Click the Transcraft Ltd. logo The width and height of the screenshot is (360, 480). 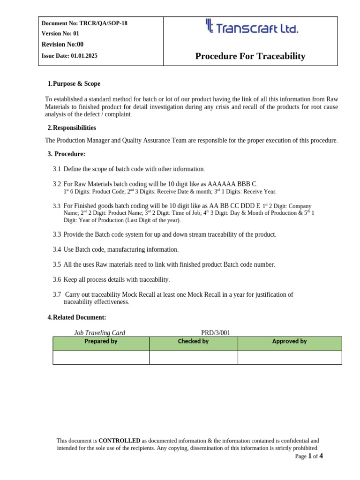(252, 27)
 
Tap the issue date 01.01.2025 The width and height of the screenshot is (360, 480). (84, 56)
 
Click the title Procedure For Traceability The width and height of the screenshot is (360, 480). (250, 56)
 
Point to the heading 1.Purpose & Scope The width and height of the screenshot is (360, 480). (74, 84)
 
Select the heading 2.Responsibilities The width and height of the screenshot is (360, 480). (72, 128)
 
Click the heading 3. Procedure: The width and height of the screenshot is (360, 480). (67, 154)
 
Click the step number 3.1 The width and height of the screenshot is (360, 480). (57, 169)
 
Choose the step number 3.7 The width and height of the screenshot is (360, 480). (57, 294)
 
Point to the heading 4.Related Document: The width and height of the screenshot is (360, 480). (77, 317)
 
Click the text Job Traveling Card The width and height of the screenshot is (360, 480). (99, 333)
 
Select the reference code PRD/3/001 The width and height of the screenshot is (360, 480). (216, 333)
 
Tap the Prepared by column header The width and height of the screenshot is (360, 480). (101, 342)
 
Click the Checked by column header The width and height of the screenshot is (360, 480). (193, 342)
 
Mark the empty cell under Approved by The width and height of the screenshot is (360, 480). (289, 357)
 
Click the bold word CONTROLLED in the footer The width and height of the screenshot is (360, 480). (119, 441)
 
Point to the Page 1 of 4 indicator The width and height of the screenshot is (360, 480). (309, 456)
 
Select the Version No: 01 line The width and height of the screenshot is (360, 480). (60, 33)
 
